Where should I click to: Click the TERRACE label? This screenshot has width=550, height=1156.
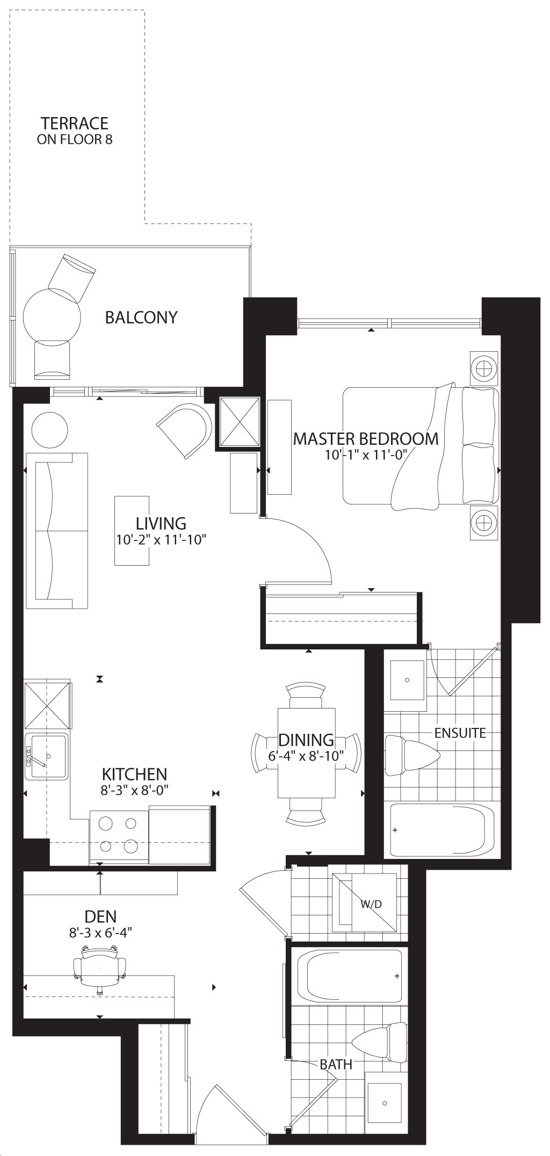click(75, 124)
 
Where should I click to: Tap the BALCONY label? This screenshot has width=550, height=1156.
click(141, 317)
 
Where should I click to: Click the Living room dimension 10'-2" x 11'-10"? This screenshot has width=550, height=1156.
click(161, 539)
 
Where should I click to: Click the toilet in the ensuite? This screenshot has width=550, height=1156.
click(412, 756)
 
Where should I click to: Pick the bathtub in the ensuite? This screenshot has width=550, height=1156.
click(442, 830)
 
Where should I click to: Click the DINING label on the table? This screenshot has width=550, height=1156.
click(306, 740)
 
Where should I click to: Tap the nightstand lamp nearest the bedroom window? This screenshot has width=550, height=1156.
click(484, 369)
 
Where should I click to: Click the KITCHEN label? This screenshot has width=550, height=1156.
click(134, 774)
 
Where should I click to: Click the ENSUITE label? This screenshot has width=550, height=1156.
click(460, 733)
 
